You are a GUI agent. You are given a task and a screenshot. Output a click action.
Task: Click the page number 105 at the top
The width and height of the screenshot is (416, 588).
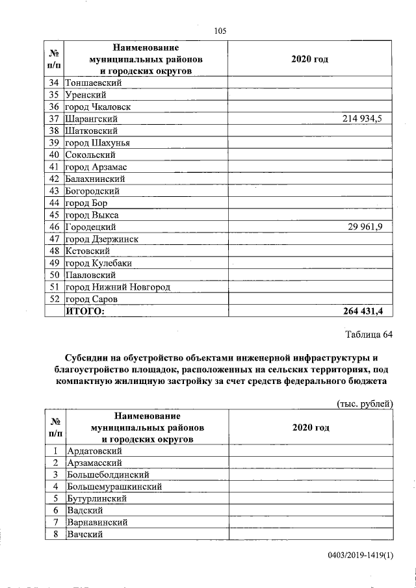click(220, 31)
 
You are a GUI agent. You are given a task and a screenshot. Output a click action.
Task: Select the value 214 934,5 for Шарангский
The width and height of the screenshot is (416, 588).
click(363, 119)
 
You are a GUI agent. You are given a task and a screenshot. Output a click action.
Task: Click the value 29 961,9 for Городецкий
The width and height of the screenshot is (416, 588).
click(367, 227)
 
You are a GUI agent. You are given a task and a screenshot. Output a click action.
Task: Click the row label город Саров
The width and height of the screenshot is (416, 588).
click(91, 299)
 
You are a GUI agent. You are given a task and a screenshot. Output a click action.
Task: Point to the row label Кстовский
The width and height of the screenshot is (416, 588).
click(87, 251)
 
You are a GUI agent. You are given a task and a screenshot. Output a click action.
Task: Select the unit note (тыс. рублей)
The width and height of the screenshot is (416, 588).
click(365, 403)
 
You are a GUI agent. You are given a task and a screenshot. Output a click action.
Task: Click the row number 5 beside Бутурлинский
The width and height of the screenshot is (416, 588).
click(56, 498)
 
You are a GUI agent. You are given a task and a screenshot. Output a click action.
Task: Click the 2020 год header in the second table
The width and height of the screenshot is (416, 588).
click(310, 428)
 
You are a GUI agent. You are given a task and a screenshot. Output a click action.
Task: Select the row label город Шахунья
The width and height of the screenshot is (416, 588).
click(97, 143)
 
